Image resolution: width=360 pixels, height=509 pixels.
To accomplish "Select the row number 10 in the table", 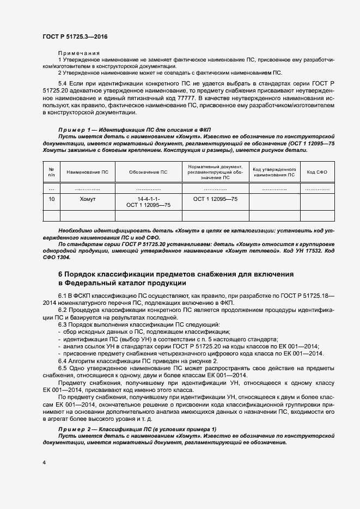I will pyautogui.click(x=52, y=200).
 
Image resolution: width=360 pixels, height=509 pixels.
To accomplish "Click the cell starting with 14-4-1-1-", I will pyautogui.click(x=148, y=203).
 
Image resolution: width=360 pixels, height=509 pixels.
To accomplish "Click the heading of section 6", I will pyautogui.click(x=175, y=279).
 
